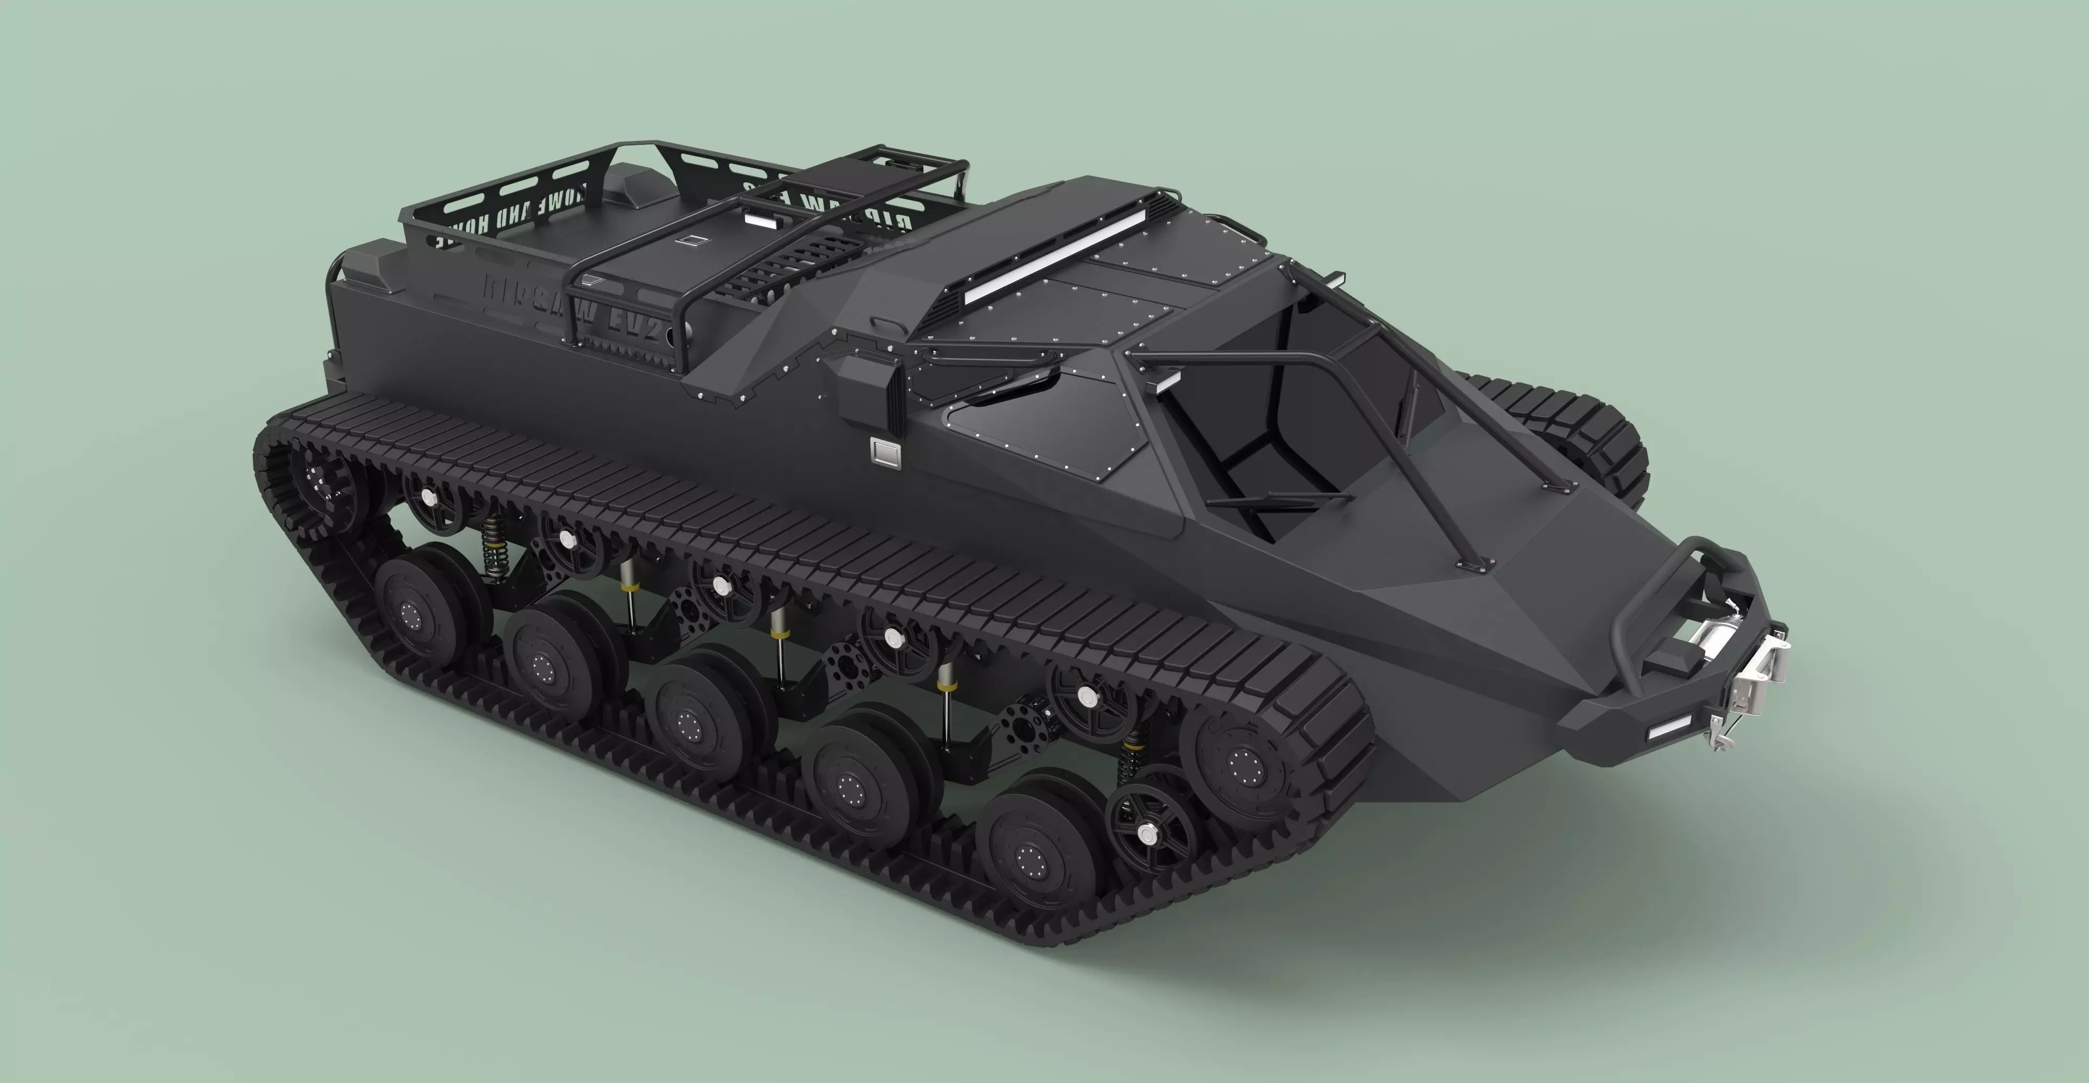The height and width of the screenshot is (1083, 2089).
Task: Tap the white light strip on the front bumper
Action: point(1669,726)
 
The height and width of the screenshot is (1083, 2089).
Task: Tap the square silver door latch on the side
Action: point(884,450)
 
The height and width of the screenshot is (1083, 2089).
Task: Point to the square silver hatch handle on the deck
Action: point(692,240)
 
